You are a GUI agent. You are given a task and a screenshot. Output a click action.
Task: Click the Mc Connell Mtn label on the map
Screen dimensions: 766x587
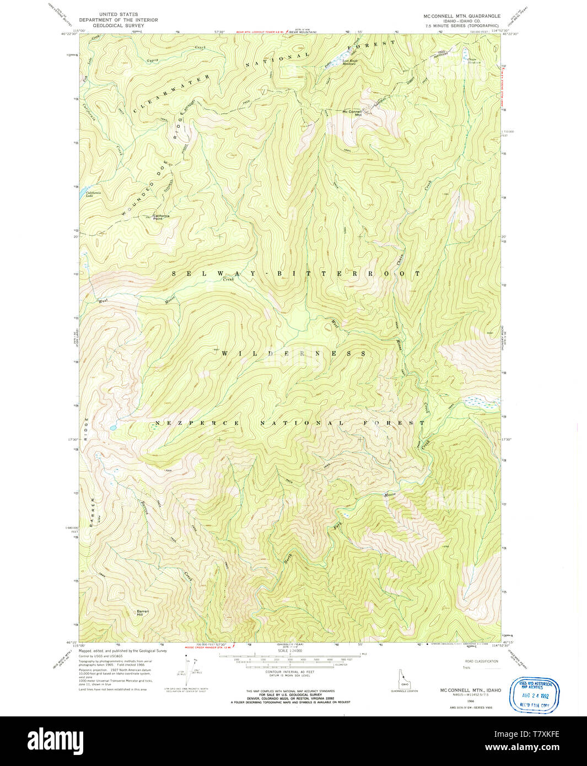tap(352, 112)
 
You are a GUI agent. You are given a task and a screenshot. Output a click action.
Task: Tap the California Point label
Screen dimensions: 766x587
tap(161, 216)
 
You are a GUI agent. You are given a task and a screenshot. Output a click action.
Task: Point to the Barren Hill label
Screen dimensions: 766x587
tap(143, 612)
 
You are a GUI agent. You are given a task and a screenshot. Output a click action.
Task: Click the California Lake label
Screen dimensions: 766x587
tap(93, 193)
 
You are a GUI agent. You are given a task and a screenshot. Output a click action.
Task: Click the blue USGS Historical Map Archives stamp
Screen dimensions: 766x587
tap(535, 695)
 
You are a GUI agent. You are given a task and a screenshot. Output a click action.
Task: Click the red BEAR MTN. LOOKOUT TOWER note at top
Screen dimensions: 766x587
tap(260, 32)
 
